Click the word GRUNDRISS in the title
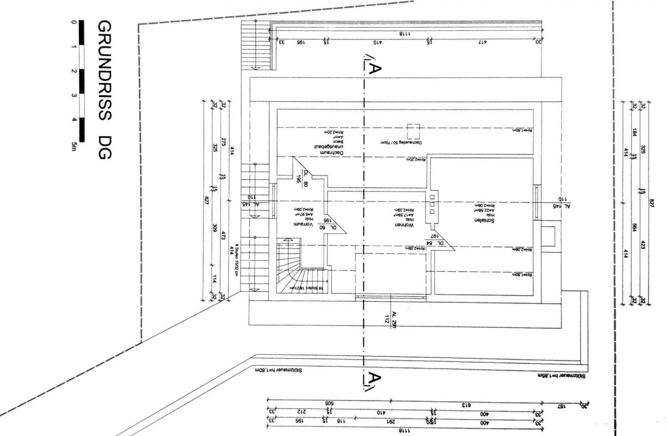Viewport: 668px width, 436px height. [x=104, y=71]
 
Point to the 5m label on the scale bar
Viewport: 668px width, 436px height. [x=73, y=146]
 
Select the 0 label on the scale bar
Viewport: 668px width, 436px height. [x=73, y=22]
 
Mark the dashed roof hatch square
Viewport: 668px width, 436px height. [x=413, y=132]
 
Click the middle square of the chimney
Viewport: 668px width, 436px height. [x=432, y=204]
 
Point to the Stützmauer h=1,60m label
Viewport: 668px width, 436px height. [x=278, y=370]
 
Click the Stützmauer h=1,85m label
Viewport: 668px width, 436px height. [x=561, y=375]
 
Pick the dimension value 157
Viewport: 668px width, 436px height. [x=562, y=405]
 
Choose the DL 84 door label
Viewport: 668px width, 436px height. [x=435, y=243]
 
